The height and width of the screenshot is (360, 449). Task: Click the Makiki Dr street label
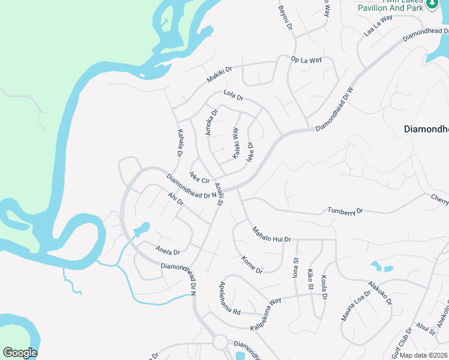219,75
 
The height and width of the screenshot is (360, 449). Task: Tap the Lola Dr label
233,95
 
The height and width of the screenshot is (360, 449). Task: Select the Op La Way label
306,59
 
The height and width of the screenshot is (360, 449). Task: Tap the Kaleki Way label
236,143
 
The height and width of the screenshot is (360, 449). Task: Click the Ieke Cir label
199,178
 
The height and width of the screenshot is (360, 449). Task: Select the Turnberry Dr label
345,211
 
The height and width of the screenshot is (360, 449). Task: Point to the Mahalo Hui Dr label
271,234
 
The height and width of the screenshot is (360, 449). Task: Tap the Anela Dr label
167,248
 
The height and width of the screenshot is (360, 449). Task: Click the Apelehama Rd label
230,298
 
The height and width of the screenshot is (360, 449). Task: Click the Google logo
20,353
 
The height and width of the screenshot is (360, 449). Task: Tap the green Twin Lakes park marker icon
432,5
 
